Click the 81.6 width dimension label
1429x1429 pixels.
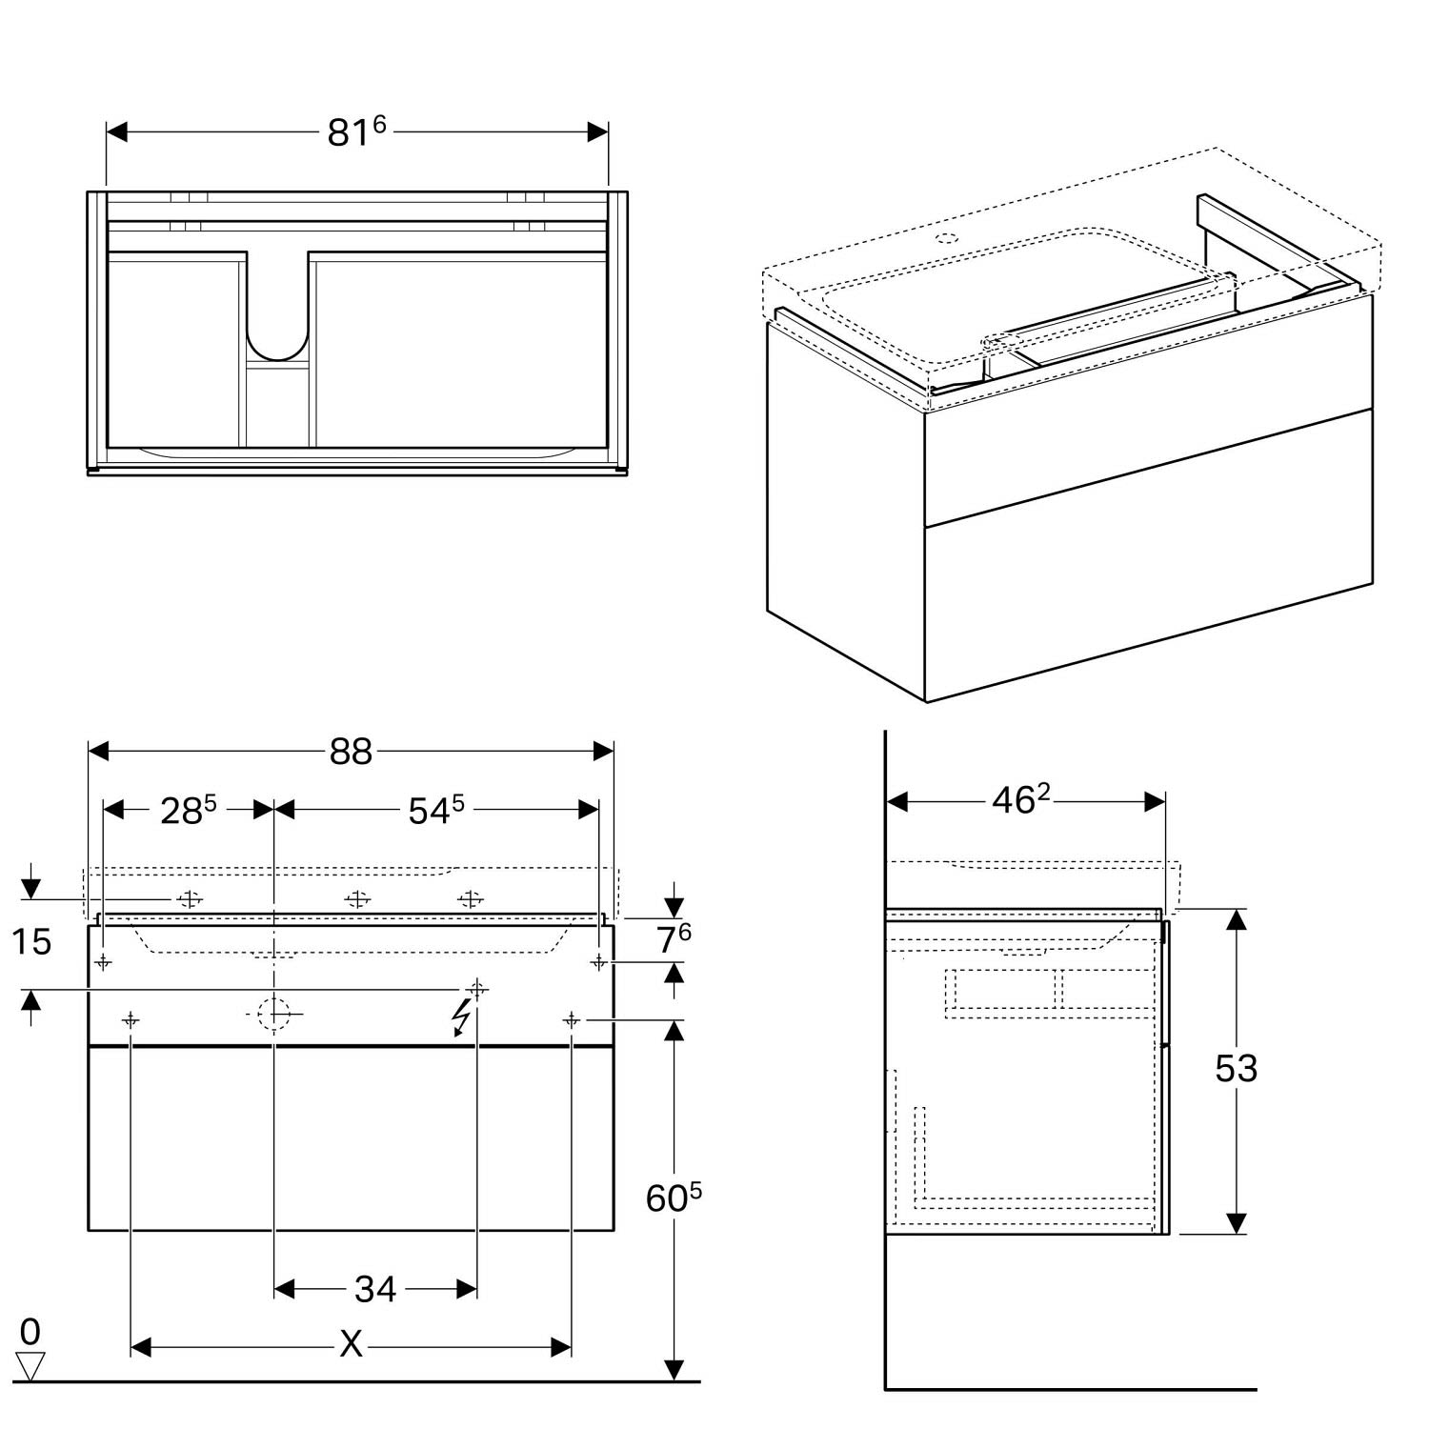point(356,131)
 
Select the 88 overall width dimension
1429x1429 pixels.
point(351,752)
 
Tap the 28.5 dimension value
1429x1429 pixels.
point(189,810)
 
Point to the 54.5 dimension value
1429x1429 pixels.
point(436,810)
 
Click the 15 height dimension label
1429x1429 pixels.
point(30,942)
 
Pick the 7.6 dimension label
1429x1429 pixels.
point(674,939)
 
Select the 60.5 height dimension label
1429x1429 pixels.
point(674,1198)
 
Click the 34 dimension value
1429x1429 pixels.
point(374,1289)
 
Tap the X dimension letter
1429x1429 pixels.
point(352,1345)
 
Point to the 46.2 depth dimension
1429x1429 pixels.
point(1020,800)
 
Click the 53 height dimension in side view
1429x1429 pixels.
point(1236,1069)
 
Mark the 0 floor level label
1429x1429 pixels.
point(30,1331)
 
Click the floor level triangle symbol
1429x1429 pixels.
point(30,1366)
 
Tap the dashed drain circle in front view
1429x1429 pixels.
point(274,1013)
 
